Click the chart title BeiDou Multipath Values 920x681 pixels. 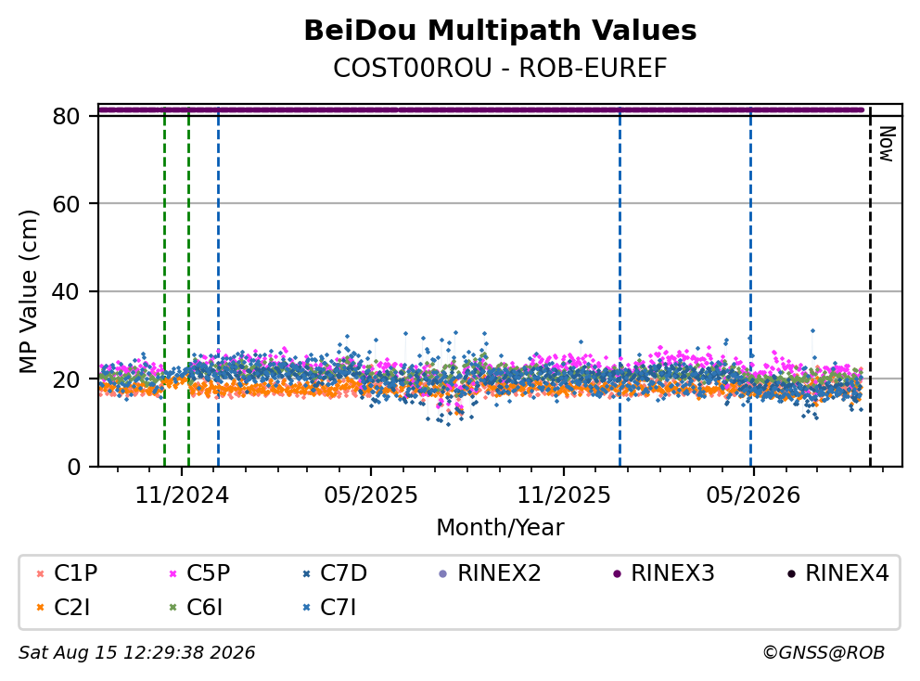(x=500, y=31)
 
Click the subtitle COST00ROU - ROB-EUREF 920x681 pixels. (x=500, y=68)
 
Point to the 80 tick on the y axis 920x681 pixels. (x=66, y=116)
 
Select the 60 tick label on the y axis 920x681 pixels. (x=66, y=204)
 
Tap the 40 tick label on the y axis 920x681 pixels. (x=66, y=291)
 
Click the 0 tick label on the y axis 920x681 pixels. (x=74, y=468)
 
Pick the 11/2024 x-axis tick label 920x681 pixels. (x=182, y=495)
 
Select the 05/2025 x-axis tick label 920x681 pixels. (x=371, y=495)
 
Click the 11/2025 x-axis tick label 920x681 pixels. (x=563, y=495)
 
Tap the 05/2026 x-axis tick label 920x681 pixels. (x=753, y=495)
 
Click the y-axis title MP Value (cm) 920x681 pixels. (x=28, y=291)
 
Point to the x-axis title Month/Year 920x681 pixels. (x=500, y=527)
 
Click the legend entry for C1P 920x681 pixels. (x=67, y=573)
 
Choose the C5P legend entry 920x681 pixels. (x=199, y=573)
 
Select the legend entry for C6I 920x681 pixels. (x=196, y=608)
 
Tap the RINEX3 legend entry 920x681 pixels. (x=664, y=573)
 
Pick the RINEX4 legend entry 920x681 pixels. (x=837, y=573)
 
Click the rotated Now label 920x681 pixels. (x=886, y=144)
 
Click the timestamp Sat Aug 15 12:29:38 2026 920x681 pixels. (x=136, y=652)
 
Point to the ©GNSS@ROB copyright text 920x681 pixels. (x=824, y=652)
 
